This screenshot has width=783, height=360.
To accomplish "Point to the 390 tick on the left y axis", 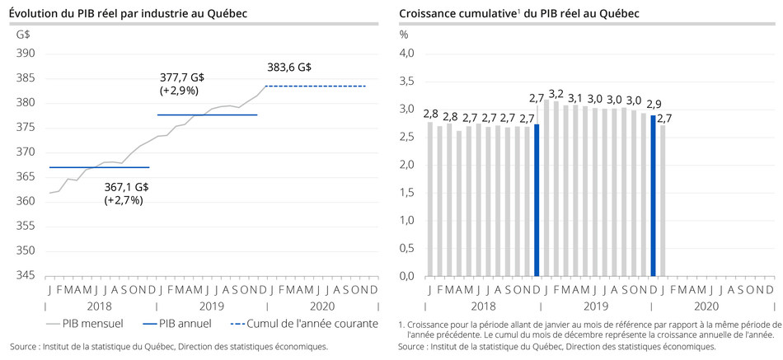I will click(24, 54).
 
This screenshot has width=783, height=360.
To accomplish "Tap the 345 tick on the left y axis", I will click(24, 276).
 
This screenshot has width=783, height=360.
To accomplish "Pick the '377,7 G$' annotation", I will click(181, 77).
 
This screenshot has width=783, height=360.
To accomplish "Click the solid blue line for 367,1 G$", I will click(99, 167).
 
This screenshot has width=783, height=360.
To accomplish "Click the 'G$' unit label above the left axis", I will click(23, 35).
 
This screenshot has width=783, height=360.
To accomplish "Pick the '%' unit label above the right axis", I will click(403, 35).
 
